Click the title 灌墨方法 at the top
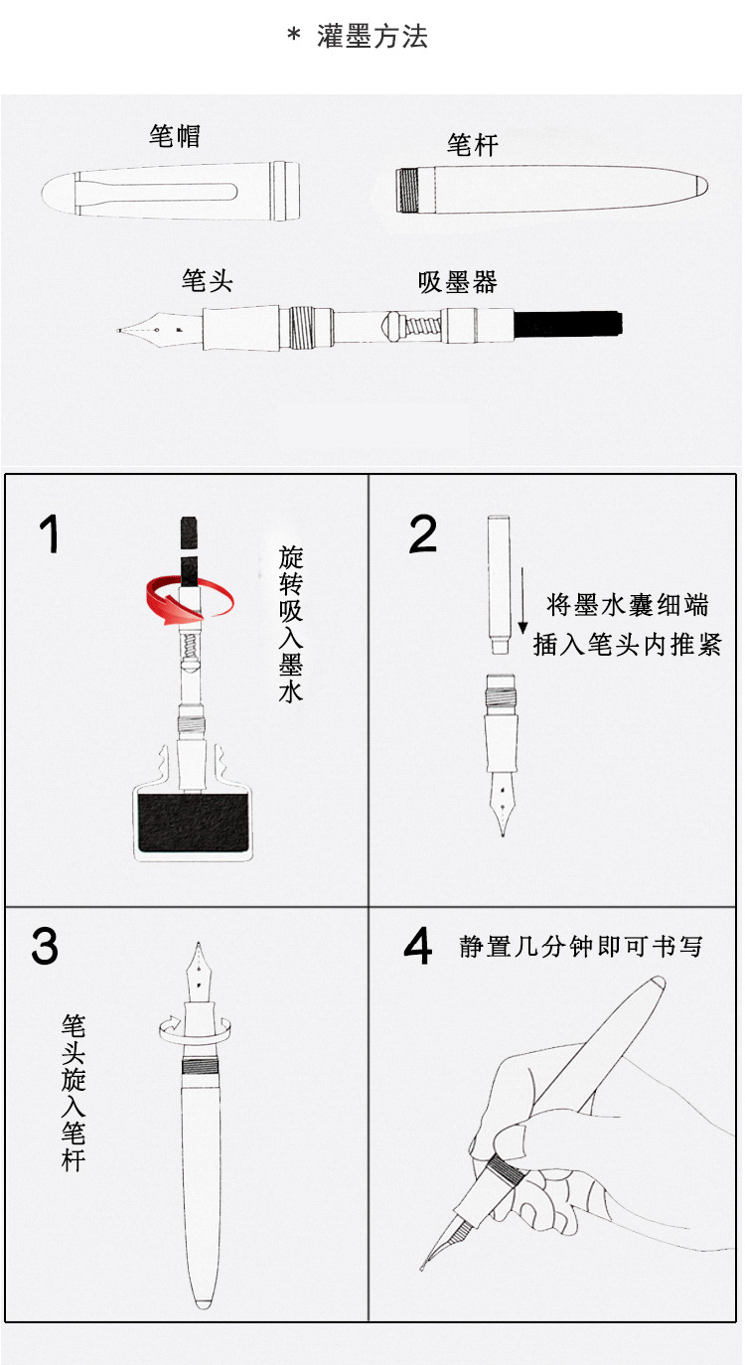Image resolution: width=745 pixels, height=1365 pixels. tap(372, 37)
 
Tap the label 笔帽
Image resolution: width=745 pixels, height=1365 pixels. tap(175, 136)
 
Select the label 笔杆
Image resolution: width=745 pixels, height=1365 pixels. tap(473, 145)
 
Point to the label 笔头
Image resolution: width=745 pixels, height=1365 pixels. tap(208, 281)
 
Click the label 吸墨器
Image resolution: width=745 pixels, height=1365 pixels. tap(458, 282)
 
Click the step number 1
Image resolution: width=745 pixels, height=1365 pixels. tap(50, 533)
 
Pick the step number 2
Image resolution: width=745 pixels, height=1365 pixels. tap(423, 533)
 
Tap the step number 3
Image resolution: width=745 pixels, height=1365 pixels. tap(45, 947)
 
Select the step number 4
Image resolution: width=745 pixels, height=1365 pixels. tap(418, 947)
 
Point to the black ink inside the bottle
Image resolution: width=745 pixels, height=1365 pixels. tap(193, 822)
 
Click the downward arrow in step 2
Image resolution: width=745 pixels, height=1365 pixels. tap(522, 601)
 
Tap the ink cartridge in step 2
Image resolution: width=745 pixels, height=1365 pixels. tap(499, 585)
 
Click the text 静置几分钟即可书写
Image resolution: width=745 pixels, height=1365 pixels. tap(581, 947)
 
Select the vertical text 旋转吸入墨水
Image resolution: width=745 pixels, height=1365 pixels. tap(291, 625)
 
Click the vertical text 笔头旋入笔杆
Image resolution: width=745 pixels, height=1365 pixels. tap(74, 1093)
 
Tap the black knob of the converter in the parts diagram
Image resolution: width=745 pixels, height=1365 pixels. tap(568, 324)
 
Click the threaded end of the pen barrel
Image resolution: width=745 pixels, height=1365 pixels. tap(407, 190)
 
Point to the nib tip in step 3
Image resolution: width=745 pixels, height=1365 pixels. tap(198, 945)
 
